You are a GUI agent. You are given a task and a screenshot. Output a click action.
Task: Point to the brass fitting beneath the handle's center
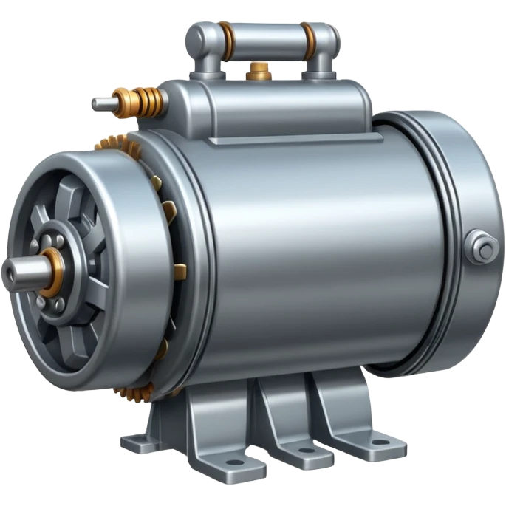pyautogui.click(x=259, y=72)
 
